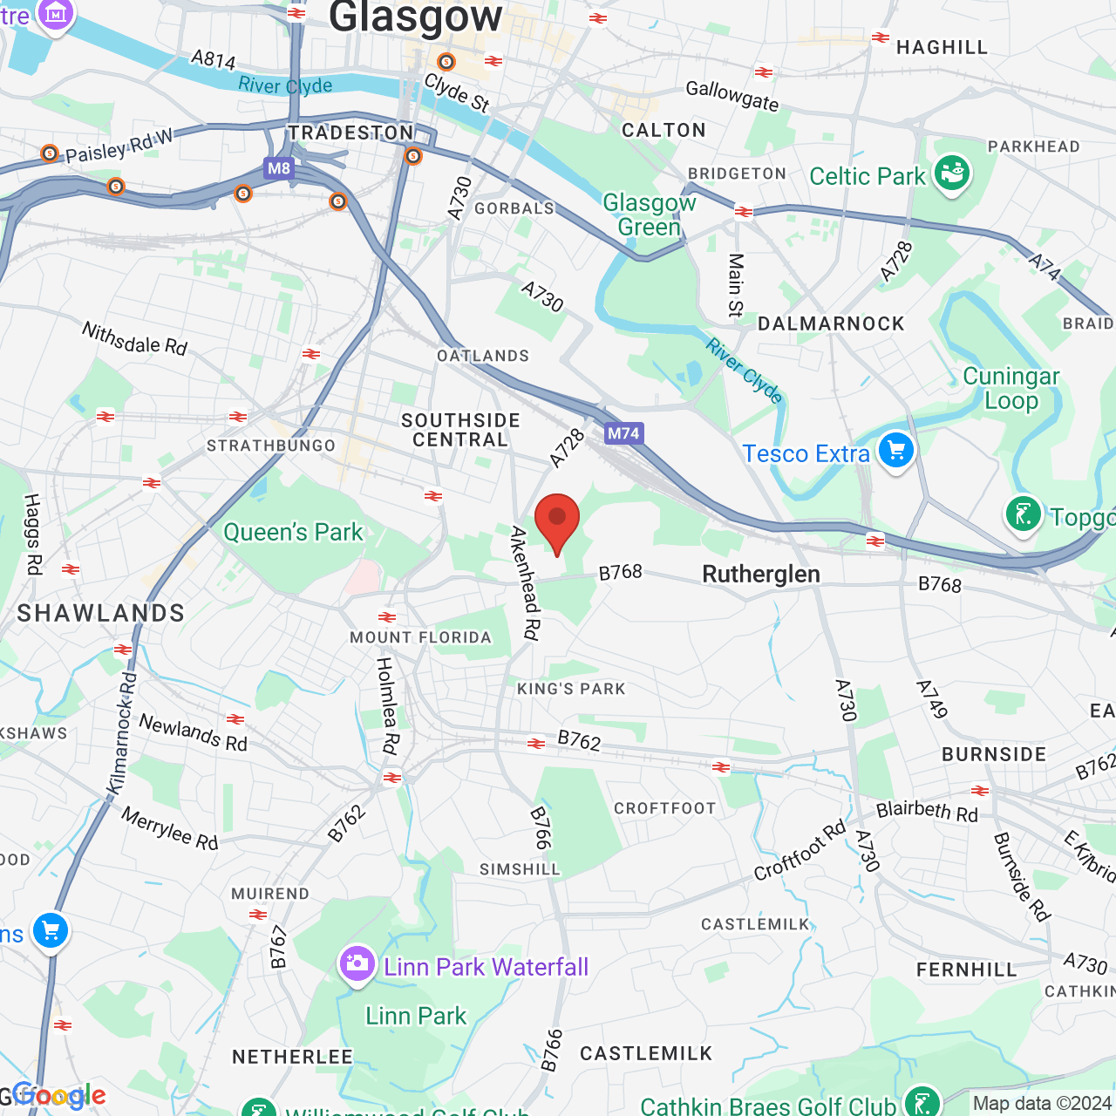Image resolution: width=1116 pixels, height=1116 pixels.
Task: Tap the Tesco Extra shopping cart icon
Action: [895, 452]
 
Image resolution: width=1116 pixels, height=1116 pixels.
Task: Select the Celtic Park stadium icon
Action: [951, 174]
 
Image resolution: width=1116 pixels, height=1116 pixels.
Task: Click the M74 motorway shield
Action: [624, 433]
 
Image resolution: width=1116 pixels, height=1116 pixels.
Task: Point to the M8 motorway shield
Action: [279, 168]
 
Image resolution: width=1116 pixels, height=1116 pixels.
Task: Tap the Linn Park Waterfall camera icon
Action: [357, 964]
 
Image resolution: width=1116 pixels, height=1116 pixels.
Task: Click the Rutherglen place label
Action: [761, 574]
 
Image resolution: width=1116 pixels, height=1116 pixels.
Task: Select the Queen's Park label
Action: [293, 532]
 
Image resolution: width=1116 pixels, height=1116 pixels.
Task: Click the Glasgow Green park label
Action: [650, 214]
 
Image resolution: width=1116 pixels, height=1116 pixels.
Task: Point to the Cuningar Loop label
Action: [1011, 388]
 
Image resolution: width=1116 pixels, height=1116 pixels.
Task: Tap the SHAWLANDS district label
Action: [101, 613]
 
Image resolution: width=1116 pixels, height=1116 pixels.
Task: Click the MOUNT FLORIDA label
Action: [421, 637]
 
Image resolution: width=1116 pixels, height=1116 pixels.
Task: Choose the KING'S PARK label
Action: [571, 689]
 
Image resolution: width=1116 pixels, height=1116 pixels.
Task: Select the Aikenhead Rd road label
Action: [526, 583]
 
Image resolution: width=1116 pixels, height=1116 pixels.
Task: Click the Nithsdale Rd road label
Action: [134, 338]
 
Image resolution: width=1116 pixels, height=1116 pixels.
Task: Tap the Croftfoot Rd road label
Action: [800, 850]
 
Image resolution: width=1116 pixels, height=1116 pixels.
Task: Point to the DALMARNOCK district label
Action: [831, 324]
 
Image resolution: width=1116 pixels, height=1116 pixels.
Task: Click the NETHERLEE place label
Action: [292, 1057]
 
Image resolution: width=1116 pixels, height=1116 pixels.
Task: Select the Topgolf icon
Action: [1024, 514]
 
